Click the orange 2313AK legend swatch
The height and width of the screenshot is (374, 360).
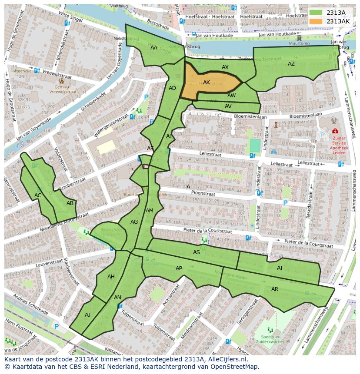coord(317,21)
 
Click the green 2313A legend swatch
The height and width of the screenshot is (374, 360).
coord(317,13)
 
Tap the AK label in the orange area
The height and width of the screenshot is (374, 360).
coord(207,83)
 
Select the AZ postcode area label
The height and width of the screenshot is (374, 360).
coord(291,64)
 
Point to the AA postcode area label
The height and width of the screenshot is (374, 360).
coord(153,48)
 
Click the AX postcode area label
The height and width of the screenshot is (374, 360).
coord(225,67)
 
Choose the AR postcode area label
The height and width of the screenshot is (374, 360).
coord(274,289)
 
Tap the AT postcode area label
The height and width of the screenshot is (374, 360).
coord(280,268)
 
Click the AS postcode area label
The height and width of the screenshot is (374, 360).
coord(197,252)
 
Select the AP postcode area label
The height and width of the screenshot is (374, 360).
coord(179,268)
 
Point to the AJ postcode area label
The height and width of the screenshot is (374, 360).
coord(87,315)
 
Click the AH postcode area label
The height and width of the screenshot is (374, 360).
coord(111,277)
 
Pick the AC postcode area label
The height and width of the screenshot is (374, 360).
coord(38,195)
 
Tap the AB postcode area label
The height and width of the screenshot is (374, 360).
coord(70,203)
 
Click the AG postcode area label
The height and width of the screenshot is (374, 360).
coord(134,222)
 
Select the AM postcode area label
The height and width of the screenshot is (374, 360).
coord(150,211)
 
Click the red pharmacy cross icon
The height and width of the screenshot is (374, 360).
coord(335,131)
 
